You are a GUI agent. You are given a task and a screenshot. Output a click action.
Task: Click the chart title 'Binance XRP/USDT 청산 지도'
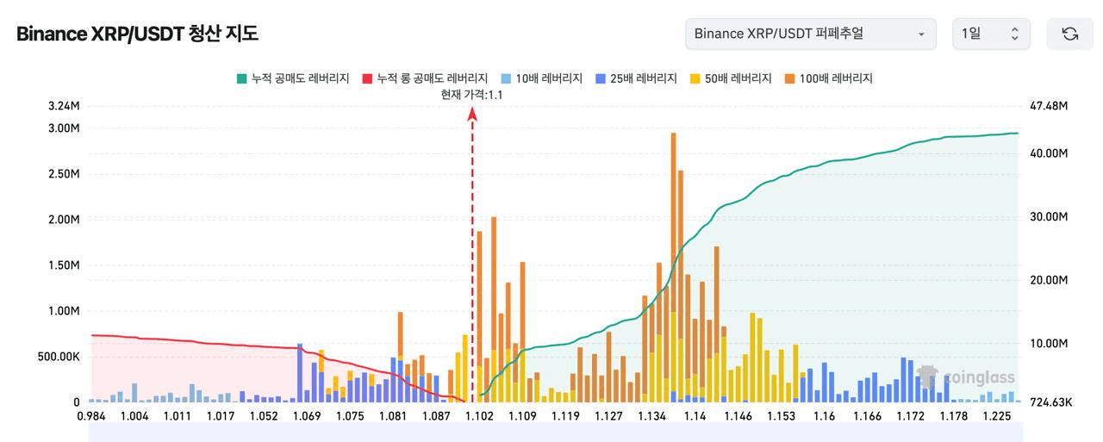137,34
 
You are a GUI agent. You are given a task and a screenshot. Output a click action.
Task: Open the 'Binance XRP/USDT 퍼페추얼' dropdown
811,34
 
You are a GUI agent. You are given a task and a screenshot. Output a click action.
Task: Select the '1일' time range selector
991,34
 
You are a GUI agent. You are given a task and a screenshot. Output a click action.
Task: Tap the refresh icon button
1069,34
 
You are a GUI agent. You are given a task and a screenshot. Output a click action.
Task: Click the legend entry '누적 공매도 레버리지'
293,78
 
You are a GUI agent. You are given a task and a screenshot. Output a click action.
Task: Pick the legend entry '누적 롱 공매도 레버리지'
425,78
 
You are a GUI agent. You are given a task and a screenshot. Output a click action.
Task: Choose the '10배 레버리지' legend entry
542,78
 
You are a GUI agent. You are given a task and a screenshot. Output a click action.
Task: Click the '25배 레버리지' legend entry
636,78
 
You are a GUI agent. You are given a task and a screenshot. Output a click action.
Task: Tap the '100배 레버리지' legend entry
829,78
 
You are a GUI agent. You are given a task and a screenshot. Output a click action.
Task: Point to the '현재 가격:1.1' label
471,95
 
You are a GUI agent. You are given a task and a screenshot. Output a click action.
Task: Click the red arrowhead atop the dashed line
472,115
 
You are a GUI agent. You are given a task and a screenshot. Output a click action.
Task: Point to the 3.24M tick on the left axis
64,106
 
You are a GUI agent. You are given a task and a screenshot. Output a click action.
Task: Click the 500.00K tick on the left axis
59,357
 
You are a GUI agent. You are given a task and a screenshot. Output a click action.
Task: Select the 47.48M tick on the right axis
1049,106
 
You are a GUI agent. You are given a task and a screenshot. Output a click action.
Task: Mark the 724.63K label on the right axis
1050,402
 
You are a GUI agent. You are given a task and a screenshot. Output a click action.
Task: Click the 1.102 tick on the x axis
479,416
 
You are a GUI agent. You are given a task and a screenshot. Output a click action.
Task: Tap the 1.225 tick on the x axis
997,416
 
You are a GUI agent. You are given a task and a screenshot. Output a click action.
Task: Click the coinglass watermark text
979,377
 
